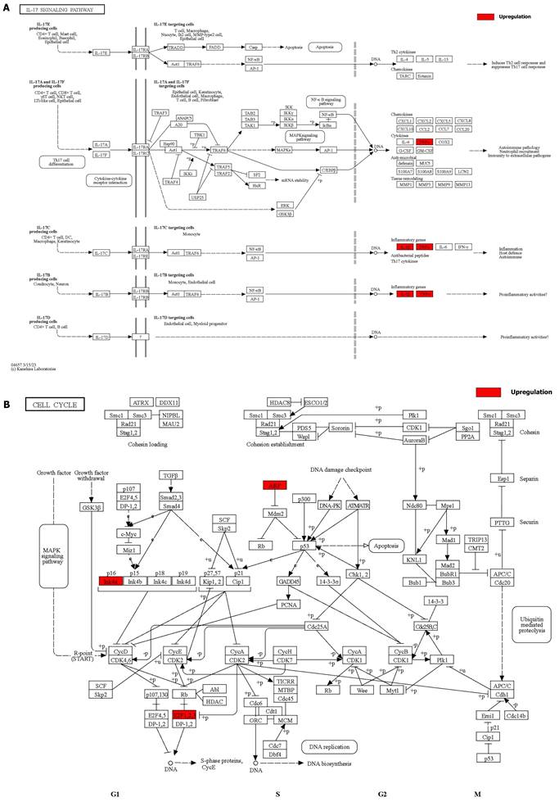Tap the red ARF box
click(x=273, y=485)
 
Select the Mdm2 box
click(x=273, y=513)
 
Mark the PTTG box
click(x=502, y=522)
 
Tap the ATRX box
click(x=142, y=403)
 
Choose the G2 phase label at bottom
click(x=381, y=794)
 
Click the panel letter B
click(x=7, y=405)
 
